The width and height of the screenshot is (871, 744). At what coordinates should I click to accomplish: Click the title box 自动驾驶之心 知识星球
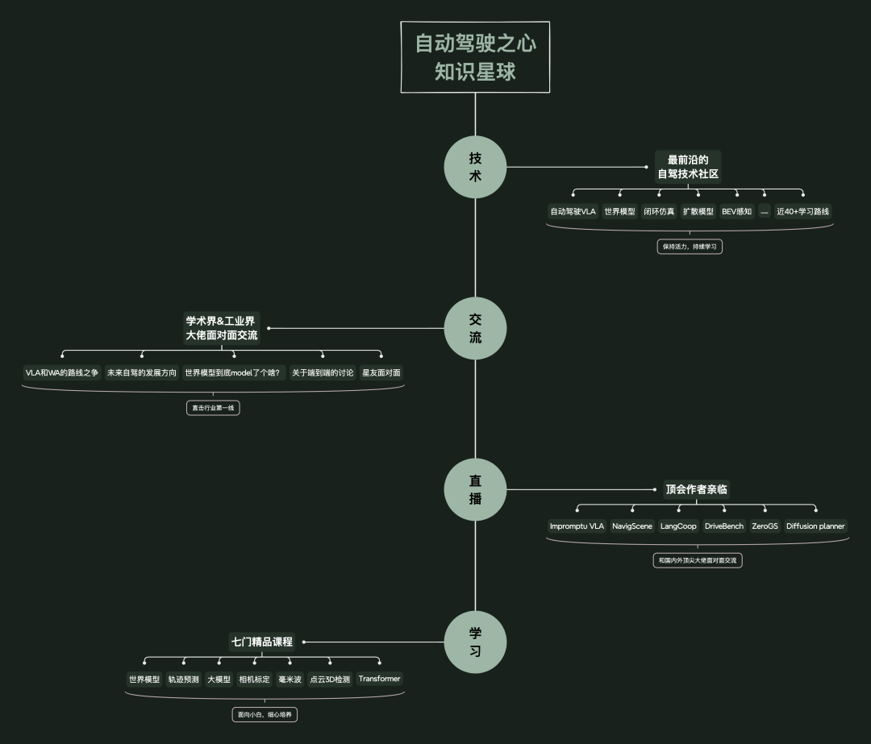[475, 57]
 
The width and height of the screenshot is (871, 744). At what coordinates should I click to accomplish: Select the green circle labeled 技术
[475, 167]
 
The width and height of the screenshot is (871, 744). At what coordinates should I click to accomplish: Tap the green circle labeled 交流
[475, 328]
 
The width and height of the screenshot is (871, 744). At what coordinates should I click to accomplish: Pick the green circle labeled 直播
[475, 489]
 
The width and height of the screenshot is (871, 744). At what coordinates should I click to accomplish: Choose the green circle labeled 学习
[475, 642]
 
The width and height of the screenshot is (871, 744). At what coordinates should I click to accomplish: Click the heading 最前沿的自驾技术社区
[688, 166]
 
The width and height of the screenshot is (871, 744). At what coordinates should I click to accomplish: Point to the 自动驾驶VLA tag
[573, 212]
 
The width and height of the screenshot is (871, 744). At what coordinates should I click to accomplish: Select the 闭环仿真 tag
[659, 212]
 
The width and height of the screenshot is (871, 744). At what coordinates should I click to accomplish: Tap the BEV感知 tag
[736, 212]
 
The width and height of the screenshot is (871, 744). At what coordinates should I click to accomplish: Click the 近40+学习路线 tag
[802, 212]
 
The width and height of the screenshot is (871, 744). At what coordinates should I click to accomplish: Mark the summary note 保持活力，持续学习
[690, 247]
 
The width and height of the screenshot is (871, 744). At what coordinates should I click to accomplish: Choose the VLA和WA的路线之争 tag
[62, 373]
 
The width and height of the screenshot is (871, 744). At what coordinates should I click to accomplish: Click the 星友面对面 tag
[381, 373]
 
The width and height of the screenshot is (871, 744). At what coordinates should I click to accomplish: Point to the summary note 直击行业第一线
[213, 408]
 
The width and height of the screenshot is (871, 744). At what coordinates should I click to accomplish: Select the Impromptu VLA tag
[577, 526]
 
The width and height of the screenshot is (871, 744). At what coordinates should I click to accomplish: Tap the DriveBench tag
[724, 526]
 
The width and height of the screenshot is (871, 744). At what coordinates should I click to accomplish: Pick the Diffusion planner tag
[815, 526]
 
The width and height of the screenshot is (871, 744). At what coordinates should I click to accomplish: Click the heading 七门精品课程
[262, 642]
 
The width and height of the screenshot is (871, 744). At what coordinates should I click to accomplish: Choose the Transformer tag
[379, 679]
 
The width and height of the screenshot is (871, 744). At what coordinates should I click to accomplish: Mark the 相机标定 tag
[255, 680]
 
